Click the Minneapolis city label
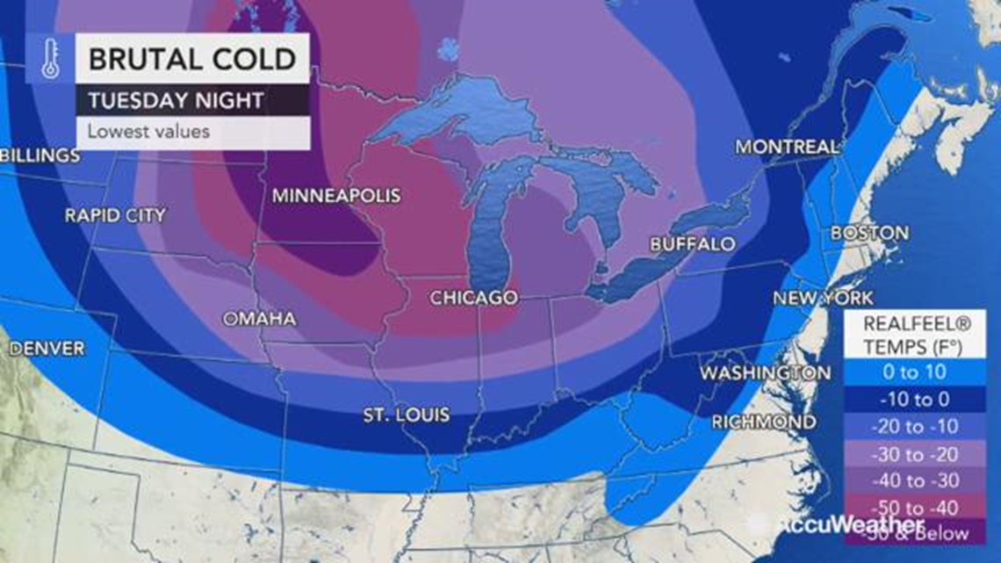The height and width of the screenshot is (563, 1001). click(x=335, y=196)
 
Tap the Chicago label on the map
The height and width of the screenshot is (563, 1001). click(x=473, y=299)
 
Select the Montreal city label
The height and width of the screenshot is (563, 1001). click(x=787, y=147)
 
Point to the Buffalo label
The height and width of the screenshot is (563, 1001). click(x=693, y=244)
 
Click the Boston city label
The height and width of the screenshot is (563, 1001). click(x=869, y=234)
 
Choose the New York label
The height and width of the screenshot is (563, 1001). click(x=823, y=299)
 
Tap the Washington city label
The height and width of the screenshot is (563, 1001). click(x=765, y=373)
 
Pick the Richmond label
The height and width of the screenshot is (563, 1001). click(x=763, y=422)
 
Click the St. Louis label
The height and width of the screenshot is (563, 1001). click(x=407, y=415)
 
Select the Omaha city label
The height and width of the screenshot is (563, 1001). click(x=259, y=319)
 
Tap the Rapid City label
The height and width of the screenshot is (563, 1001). click(x=115, y=215)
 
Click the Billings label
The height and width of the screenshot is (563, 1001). click(x=40, y=156)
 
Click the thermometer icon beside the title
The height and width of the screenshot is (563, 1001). click(x=50, y=59)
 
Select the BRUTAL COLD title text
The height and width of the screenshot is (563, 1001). click(x=192, y=59)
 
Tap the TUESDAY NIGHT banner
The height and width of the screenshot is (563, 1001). click(x=176, y=100)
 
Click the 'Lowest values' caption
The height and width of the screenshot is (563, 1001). click(x=148, y=133)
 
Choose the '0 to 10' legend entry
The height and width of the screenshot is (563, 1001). click(x=914, y=372)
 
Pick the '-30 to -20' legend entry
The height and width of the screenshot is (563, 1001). click(x=914, y=453)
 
